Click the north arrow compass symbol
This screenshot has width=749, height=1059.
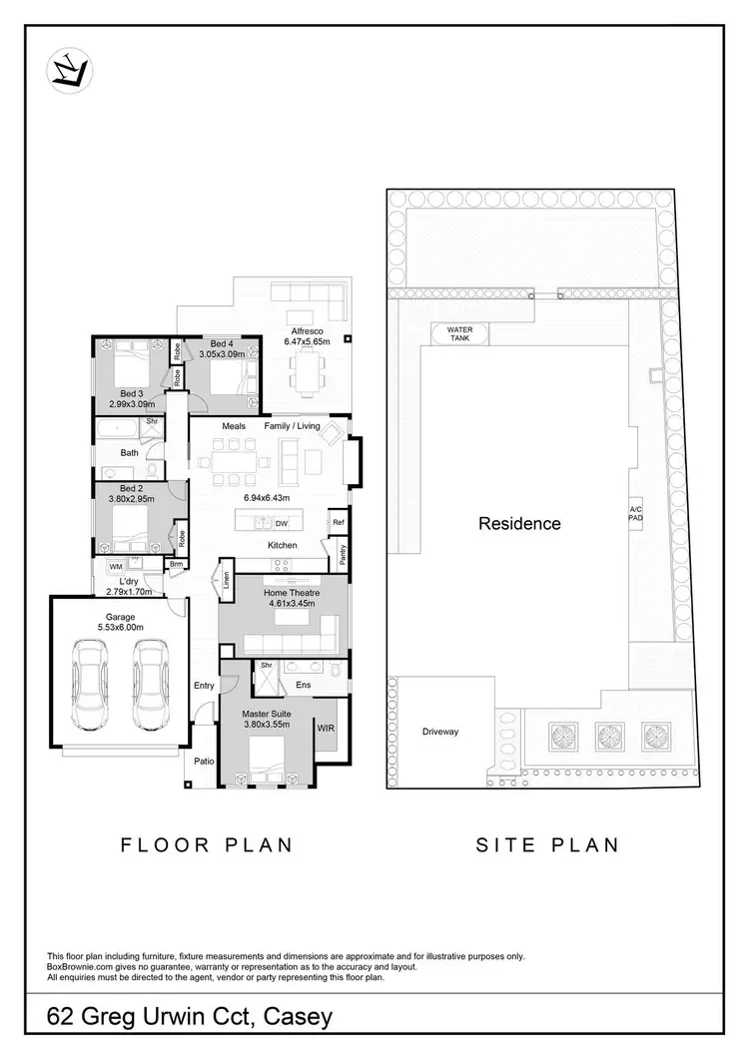pos(70,70)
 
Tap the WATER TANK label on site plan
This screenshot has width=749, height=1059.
pos(459,333)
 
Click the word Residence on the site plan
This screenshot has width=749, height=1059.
pos(519,523)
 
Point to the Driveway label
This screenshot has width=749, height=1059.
pos(440,732)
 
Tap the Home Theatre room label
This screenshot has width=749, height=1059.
pos(290,593)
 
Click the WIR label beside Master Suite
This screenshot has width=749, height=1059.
pos(326,729)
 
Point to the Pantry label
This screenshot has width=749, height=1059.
pos(343,555)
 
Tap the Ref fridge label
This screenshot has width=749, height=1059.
pos(339,522)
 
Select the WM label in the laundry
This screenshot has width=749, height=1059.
pos(115,566)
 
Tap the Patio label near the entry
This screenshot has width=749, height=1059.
pos(204,762)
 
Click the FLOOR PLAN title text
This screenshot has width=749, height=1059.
pos(207,845)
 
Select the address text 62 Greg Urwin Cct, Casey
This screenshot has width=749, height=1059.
pos(190,1018)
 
